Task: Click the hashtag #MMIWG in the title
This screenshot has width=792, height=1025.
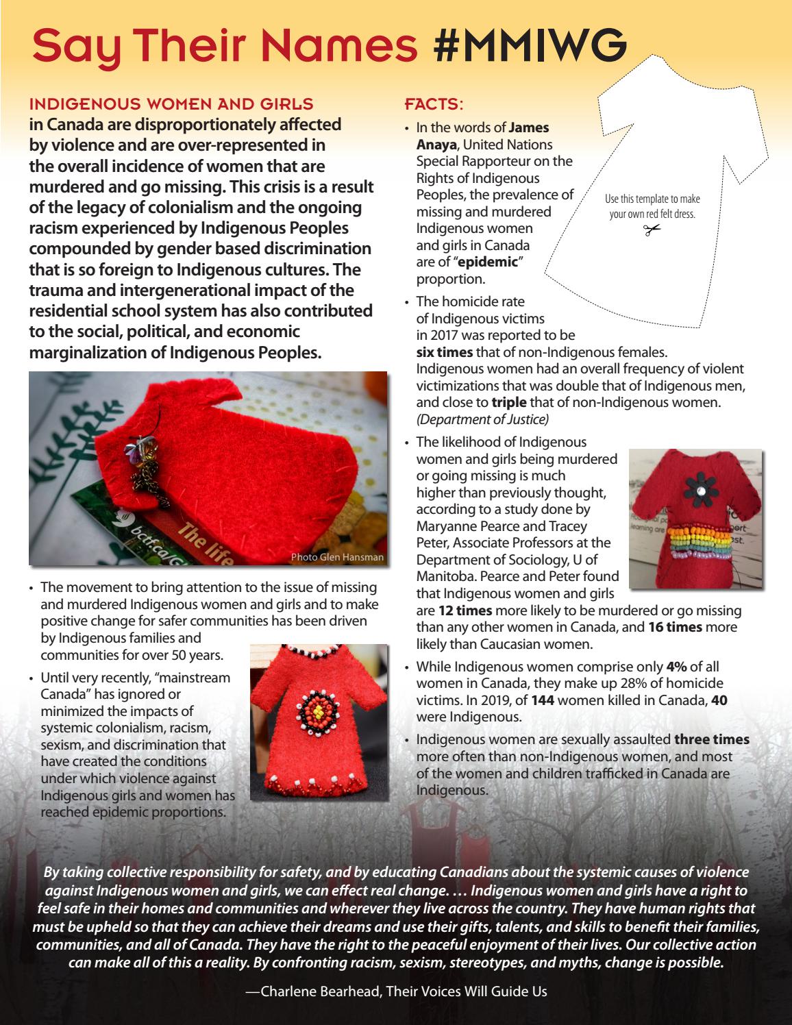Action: click(530, 45)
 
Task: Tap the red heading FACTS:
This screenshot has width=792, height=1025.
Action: click(434, 105)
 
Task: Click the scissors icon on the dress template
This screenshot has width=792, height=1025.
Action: click(652, 230)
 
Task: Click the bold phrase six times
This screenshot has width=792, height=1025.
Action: click(445, 352)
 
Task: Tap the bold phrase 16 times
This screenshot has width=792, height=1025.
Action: click(675, 627)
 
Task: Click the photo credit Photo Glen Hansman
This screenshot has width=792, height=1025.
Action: click(337, 557)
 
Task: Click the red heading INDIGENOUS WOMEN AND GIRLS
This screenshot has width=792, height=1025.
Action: click(171, 105)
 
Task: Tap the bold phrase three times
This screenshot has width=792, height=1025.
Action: click(711, 739)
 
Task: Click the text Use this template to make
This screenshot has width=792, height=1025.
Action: click(652, 199)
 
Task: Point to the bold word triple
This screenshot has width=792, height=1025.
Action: click(508, 403)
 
